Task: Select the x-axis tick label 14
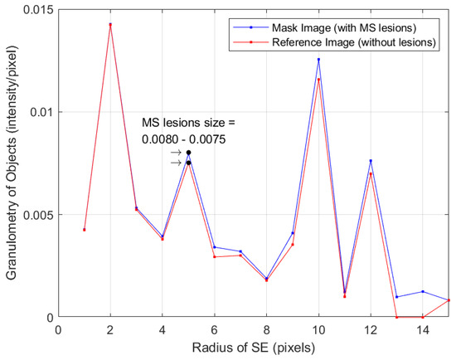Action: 423,330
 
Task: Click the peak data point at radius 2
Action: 110,25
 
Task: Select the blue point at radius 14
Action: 423,291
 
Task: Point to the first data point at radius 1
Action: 84,230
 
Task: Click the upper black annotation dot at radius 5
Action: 188,153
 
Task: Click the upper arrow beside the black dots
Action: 175,153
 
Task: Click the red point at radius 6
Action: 214,257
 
